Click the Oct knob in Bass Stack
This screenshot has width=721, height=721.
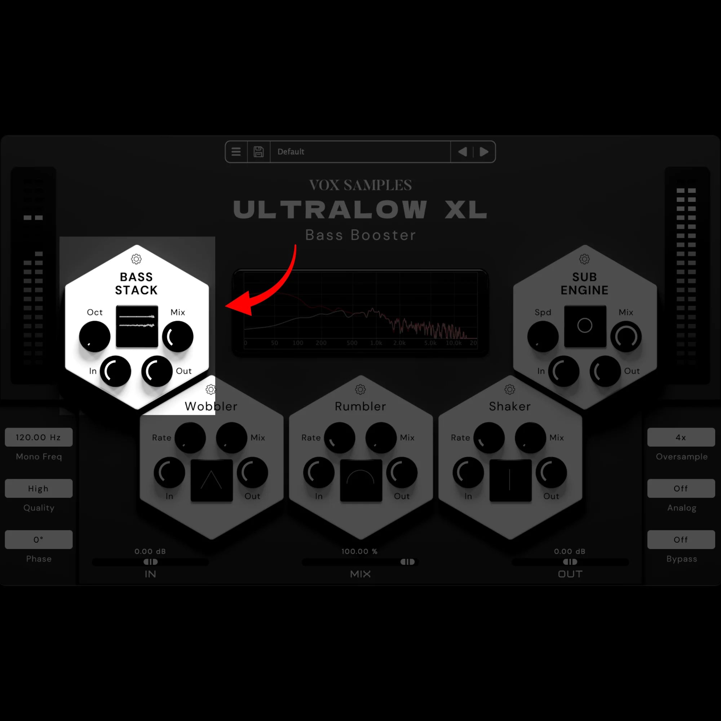(94, 337)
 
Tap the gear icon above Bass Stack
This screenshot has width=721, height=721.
(136, 259)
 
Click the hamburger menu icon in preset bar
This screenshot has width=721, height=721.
(236, 152)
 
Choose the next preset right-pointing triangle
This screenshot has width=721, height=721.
(484, 152)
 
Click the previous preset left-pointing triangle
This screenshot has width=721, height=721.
(463, 152)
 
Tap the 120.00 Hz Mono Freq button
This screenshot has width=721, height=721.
(39, 437)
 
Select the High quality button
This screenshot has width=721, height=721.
(39, 488)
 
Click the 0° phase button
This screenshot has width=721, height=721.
(39, 539)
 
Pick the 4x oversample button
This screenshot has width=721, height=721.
(681, 437)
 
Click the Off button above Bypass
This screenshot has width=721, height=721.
(681, 539)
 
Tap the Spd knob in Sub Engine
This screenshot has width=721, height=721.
(543, 337)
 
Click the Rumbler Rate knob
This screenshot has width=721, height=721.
(339, 438)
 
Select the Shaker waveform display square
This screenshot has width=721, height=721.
(510, 480)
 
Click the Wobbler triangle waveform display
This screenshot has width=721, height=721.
(212, 480)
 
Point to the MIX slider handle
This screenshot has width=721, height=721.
(407, 562)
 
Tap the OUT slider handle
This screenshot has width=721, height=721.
(570, 562)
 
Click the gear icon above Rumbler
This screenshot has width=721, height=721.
(360, 390)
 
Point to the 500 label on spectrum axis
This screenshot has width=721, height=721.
(352, 343)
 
